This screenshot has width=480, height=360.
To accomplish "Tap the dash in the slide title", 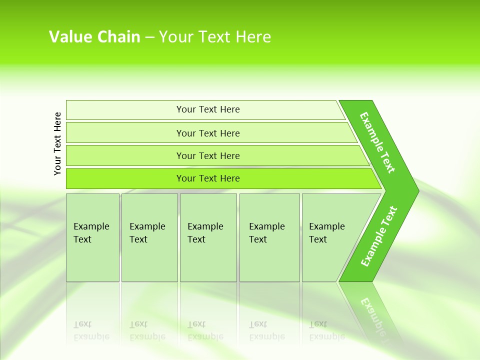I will [149, 37].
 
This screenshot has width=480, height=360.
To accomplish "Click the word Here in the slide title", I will [253, 37].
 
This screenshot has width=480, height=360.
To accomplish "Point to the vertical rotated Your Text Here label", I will [57, 143].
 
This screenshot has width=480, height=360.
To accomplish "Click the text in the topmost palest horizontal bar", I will [208, 109].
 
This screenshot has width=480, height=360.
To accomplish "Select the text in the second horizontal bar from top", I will [208, 133].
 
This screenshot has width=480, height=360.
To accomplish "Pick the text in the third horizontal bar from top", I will [208, 156].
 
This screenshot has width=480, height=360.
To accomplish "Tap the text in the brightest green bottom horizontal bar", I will [208, 178].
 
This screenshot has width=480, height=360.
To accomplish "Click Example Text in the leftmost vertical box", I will [91, 233].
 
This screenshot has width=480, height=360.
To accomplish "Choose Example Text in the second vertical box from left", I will [147, 233].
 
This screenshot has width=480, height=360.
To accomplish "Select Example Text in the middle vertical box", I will [205, 233].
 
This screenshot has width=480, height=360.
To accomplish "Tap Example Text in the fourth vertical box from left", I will [266, 233].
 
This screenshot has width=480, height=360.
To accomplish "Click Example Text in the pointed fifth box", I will [326, 233].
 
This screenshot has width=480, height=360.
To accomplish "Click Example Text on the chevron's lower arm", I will [379, 236].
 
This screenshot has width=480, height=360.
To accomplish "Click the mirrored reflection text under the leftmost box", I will [91, 330].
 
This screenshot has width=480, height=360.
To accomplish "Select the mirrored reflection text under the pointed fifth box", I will [326, 330].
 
